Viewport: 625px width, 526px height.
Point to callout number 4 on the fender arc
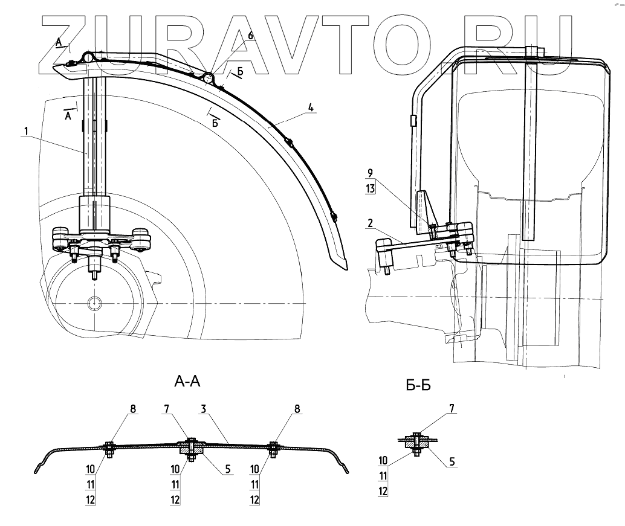coord(310,107)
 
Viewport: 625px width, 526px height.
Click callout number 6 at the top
coord(251,36)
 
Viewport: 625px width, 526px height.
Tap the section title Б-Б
coord(418,385)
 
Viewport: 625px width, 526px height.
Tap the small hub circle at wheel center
coord(94,302)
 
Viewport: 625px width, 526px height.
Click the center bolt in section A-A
coord(191,448)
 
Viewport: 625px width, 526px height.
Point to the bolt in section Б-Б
coord(416,443)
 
